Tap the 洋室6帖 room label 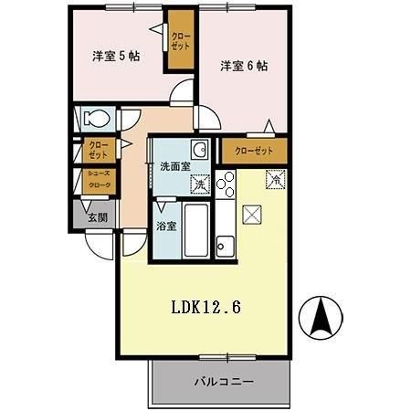click(243, 66)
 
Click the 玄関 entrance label click(97, 217)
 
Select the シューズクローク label click(98, 180)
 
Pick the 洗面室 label click(174, 167)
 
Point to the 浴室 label click(166, 226)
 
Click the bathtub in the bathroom click(195, 230)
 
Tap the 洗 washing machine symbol click(200, 184)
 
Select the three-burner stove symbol click(226, 184)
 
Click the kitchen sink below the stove click(225, 245)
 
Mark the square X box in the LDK click(253, 215)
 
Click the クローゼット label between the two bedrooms click(180, 39)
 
